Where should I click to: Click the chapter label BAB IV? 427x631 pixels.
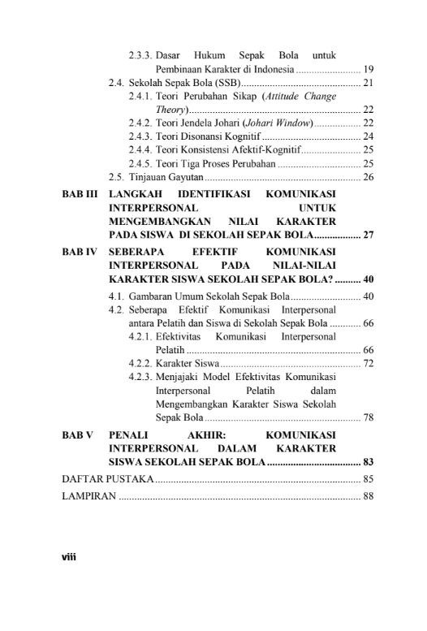coord(80,253)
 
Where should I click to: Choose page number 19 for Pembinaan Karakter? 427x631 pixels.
coord(368,69)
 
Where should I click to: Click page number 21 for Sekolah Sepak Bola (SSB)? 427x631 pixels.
coord(368,83)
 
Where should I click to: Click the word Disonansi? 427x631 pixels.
coord(201,136)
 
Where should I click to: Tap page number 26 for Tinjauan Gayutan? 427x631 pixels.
coord(368,176)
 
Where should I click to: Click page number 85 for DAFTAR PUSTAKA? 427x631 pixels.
coord(368,479)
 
